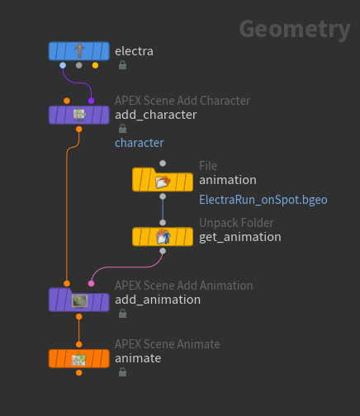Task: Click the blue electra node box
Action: (x=79, y=51)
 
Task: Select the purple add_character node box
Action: (x=79, y=115)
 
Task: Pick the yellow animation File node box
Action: (x=163, y=180)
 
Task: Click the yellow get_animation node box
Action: (x=163, y=237)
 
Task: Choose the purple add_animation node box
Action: (x=79, y=300)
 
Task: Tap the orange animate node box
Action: (x=79, y=358)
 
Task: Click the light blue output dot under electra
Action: (x=63, y=65)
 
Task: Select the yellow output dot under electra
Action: (x=95, y=65)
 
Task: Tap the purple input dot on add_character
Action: (x=91, y=101)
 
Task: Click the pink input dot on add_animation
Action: (x=91, y=283)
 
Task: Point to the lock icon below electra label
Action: (x=122, y=65)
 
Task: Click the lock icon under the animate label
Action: (x=122, y=372)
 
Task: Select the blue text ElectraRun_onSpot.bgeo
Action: (x=263, y=200)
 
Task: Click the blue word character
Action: (x=140, y=143)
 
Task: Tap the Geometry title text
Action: (x=295, y=30)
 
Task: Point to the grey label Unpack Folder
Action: (x=236, y=223)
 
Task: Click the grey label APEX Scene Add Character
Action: (x=182, y=101)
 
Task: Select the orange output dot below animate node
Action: (x=79, y=373)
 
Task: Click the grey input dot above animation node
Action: (x=163, y=163)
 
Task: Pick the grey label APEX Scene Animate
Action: (x=168, y=344)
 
